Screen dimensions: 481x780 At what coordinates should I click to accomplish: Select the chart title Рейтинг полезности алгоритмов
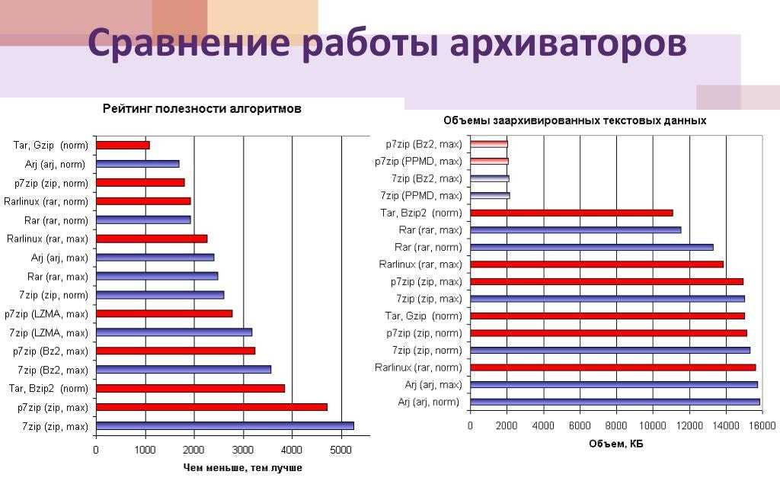click(x=202, y=109)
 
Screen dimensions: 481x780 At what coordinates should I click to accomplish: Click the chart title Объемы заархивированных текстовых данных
click(x=575, y=120)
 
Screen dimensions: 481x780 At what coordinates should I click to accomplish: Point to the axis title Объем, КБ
click(x=616, y=444)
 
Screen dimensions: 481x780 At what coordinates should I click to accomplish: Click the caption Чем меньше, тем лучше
click(x=243, y=467)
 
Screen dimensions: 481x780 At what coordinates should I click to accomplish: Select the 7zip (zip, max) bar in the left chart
click(x=225, y=426)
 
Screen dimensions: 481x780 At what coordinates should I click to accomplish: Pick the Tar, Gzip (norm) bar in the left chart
click(x=123, y=145)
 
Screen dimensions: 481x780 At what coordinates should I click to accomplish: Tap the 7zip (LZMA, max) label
click(x=48, y=332)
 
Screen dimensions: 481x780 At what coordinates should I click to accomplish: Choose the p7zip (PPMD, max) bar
click(x=489, y=161)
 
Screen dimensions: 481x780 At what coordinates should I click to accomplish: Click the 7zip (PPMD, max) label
click(x=427, y=196)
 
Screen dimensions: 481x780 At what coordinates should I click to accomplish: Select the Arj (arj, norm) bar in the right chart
click(x=615, y=402)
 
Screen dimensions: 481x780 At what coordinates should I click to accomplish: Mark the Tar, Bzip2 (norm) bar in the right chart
click(x=571, y=213)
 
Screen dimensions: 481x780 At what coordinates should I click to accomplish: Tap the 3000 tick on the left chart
click(x=243, y=450)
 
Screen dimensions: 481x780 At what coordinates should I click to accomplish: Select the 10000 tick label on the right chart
click(x=652, y=425)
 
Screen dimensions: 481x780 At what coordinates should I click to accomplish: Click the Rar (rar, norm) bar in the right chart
click(x=591, y=247)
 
